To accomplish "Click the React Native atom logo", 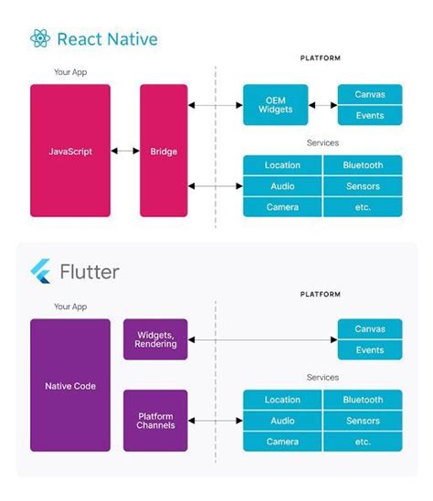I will [40, 38].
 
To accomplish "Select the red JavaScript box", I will [70, 151].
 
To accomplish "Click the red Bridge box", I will [164, 151].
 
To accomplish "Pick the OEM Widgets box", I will [275, 105].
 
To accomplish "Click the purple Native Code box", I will [70, 385].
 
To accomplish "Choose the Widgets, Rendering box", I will [155, 339].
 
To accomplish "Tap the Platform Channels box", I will [155, 421].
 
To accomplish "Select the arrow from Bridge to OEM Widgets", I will [216, 105].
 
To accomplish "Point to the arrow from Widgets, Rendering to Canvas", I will [262, 339].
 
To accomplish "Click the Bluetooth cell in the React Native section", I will [363, 165].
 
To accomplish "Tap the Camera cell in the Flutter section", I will [282, 442].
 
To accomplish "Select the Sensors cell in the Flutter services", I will [363, 421].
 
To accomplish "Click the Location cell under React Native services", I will [282, 165].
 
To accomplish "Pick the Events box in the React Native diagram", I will [369, 116].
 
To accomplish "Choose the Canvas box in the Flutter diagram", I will [369, 329].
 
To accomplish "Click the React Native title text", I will [107, 39].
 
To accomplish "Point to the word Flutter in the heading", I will [89, 272].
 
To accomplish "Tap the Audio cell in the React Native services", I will [282, 186].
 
